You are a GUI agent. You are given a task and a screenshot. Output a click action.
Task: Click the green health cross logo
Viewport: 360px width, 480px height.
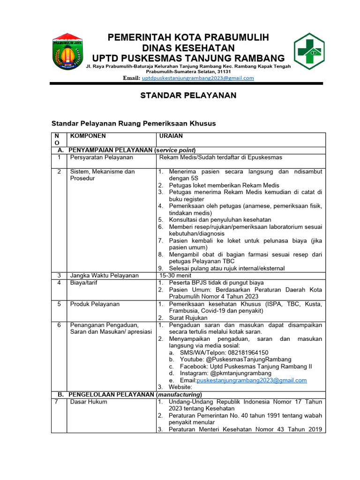tap(309, 52)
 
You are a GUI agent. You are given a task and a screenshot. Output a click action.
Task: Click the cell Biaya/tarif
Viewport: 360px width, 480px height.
tap(83, 283)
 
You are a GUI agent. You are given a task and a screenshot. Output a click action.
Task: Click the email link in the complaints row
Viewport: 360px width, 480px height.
tap(252, 381)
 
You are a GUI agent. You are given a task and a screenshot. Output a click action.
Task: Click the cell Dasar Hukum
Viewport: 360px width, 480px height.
tap(88, 402)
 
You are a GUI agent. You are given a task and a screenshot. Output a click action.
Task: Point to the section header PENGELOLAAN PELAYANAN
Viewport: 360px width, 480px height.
tap(112, 395)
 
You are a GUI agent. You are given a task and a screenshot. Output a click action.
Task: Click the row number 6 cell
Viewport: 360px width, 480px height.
tap(59, 325)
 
